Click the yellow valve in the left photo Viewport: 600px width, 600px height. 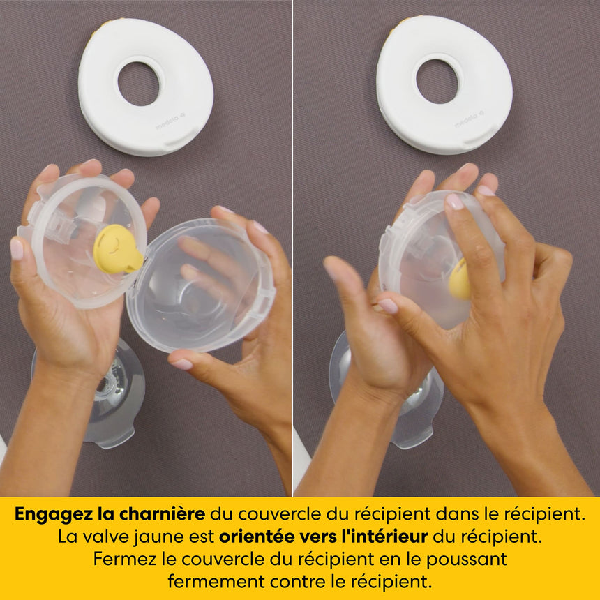[117, 249]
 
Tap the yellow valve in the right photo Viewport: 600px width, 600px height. [459, 280]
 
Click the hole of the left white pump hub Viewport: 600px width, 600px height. [139, 84]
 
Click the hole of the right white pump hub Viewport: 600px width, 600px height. [437, 82]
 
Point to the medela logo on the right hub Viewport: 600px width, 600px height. [469, 119]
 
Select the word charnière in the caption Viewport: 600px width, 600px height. [163, 514]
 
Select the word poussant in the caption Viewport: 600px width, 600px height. [467, 560]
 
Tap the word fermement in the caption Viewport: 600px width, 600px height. [216, 582]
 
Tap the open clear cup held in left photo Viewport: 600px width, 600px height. [200, 285]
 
